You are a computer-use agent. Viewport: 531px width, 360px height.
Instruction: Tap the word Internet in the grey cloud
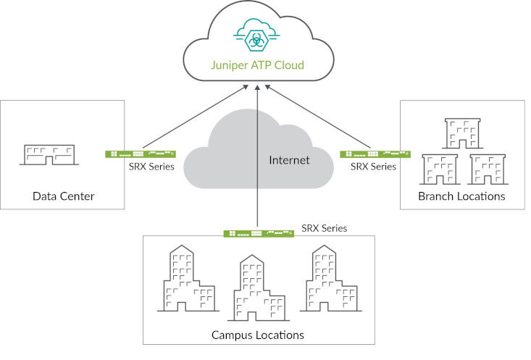[289, 159]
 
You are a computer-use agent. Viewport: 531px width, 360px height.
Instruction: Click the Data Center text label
[64, 196]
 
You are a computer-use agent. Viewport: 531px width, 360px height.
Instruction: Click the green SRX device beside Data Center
[141, 154]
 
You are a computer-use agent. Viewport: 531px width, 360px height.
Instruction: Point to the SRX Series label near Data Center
[151, 167]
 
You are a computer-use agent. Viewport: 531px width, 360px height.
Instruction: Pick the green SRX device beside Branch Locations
[375, 154]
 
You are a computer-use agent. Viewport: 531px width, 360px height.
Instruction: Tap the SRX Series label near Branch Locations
[373, 167]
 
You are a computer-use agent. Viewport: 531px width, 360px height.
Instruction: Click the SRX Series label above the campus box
[324, 228]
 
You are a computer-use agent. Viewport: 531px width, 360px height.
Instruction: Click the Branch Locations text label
[461, 196]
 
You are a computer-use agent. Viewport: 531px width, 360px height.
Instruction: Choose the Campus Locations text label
[257, 335]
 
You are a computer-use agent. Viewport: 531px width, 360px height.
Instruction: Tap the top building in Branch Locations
[461, 133]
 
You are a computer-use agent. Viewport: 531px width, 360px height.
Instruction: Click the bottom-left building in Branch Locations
[438, 169]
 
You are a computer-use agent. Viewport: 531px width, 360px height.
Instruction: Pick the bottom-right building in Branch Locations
[485, 169]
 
